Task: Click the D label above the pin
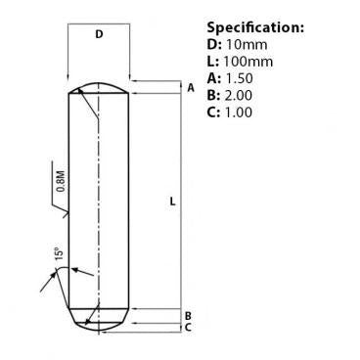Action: [x=99, y=35]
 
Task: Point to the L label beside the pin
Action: [x=172, y=202]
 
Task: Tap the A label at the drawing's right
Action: [x=191, y=88]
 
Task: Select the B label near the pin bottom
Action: [x=189, y=315]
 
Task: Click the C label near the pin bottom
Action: [x=189, y=328]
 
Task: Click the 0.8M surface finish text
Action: [x=62, y=182]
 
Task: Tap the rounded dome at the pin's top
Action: [x=98, y=87]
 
